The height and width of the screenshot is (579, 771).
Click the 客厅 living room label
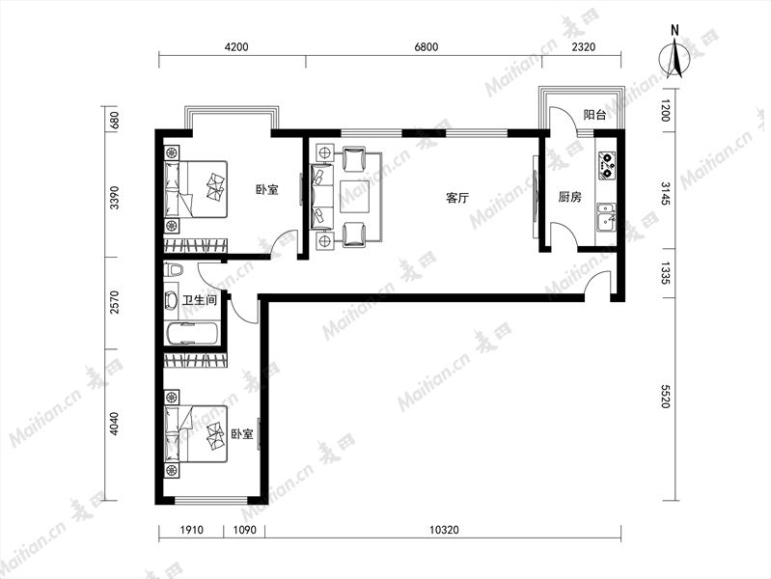pyautogui.click(x=457, y=198)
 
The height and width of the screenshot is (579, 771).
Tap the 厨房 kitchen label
pyautogui.click(x=570, y=197)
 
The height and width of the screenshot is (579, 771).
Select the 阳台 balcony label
pyautogui.click(x=594, y=115)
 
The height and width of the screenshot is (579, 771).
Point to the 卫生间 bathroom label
pyautogui.click(x=200, y=299)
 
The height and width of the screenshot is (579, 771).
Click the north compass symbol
pyautogui.click(x=675, y=53)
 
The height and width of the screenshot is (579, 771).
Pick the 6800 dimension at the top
pyautogui.click(x=426, y=47)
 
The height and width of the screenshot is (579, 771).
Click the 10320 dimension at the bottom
pyautogui.click(x=444, y=530)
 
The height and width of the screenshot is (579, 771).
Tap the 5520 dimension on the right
pyautogui.click(x=665, y=396)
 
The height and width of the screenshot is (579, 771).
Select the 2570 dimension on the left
pyautogui.click(x=114, y=303)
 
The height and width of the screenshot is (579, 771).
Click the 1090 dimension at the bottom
pyautogui.click(x=244, y=530)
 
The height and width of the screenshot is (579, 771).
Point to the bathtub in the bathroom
pyautogui.click(x=193, y=334)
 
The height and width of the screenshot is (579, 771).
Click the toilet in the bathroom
pyautogui.click(x=174, y=270)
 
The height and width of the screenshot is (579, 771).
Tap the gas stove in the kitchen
pyautogui.click(x=607, y=166)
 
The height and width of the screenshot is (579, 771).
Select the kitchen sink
pyautogui.click(x=606, y=217)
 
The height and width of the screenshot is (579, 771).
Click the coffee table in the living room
pyautogui.click(x=354, y=197)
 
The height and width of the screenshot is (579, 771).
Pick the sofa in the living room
pyautogui.click(x=322, y=197)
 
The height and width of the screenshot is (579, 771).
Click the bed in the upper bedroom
pyautogui.click(x=196, y=189)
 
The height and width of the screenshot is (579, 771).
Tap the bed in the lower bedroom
pyautogui.click(x=196, y=433)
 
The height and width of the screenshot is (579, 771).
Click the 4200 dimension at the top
pyautogui.click(x=236, y=47)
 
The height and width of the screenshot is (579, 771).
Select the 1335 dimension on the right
pyautogui.click(x=665, y=273)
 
